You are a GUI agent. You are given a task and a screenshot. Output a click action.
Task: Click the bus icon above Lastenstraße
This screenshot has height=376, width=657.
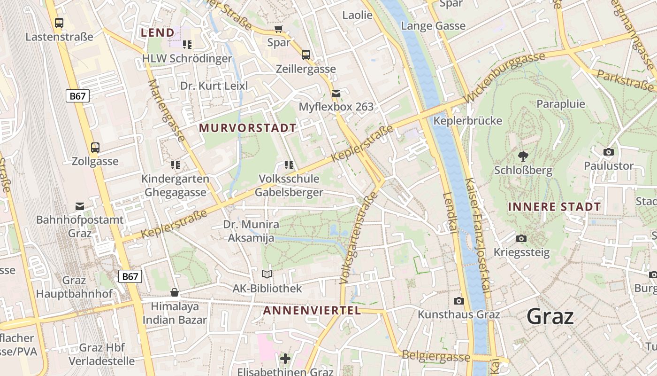pos(59,23)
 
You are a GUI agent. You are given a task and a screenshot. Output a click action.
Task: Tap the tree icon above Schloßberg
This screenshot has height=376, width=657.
pos(523,156)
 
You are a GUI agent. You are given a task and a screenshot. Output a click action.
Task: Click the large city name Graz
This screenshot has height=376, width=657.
pos(550,316)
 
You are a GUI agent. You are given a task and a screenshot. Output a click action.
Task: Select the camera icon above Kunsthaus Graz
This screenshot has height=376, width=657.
pos(459,301)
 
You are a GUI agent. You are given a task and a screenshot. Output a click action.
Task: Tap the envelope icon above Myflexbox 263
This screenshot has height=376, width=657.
pos(336,93)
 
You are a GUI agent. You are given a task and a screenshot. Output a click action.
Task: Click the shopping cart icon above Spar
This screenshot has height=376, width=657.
pos(279,29)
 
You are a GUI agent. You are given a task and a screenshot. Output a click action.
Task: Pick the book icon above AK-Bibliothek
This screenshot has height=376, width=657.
pos(267,274)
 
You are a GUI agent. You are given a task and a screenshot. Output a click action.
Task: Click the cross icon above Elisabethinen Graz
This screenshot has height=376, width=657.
pos(285,359)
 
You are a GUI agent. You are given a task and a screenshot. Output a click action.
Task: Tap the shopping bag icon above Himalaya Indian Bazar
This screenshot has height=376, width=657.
pos(175,292)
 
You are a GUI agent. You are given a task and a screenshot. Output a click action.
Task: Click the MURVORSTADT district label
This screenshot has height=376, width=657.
pos(248,128)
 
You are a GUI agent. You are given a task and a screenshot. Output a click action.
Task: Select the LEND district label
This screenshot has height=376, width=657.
pos(158,32)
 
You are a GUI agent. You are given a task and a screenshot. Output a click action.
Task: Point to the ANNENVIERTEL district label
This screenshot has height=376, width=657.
pos(312,310)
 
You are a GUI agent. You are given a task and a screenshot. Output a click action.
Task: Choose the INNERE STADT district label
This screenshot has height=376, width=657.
pos(554,207)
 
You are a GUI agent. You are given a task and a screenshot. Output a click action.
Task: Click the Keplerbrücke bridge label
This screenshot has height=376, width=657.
pos(468,121)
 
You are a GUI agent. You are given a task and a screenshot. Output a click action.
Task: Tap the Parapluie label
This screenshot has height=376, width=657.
pos(561,104)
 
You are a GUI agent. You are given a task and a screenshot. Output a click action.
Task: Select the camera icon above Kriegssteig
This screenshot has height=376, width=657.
pos(521,239)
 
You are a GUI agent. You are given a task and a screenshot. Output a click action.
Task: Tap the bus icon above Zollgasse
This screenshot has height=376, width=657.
pos(95,148)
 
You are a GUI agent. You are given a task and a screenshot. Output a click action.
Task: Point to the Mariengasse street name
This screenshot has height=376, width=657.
pos(167,110)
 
